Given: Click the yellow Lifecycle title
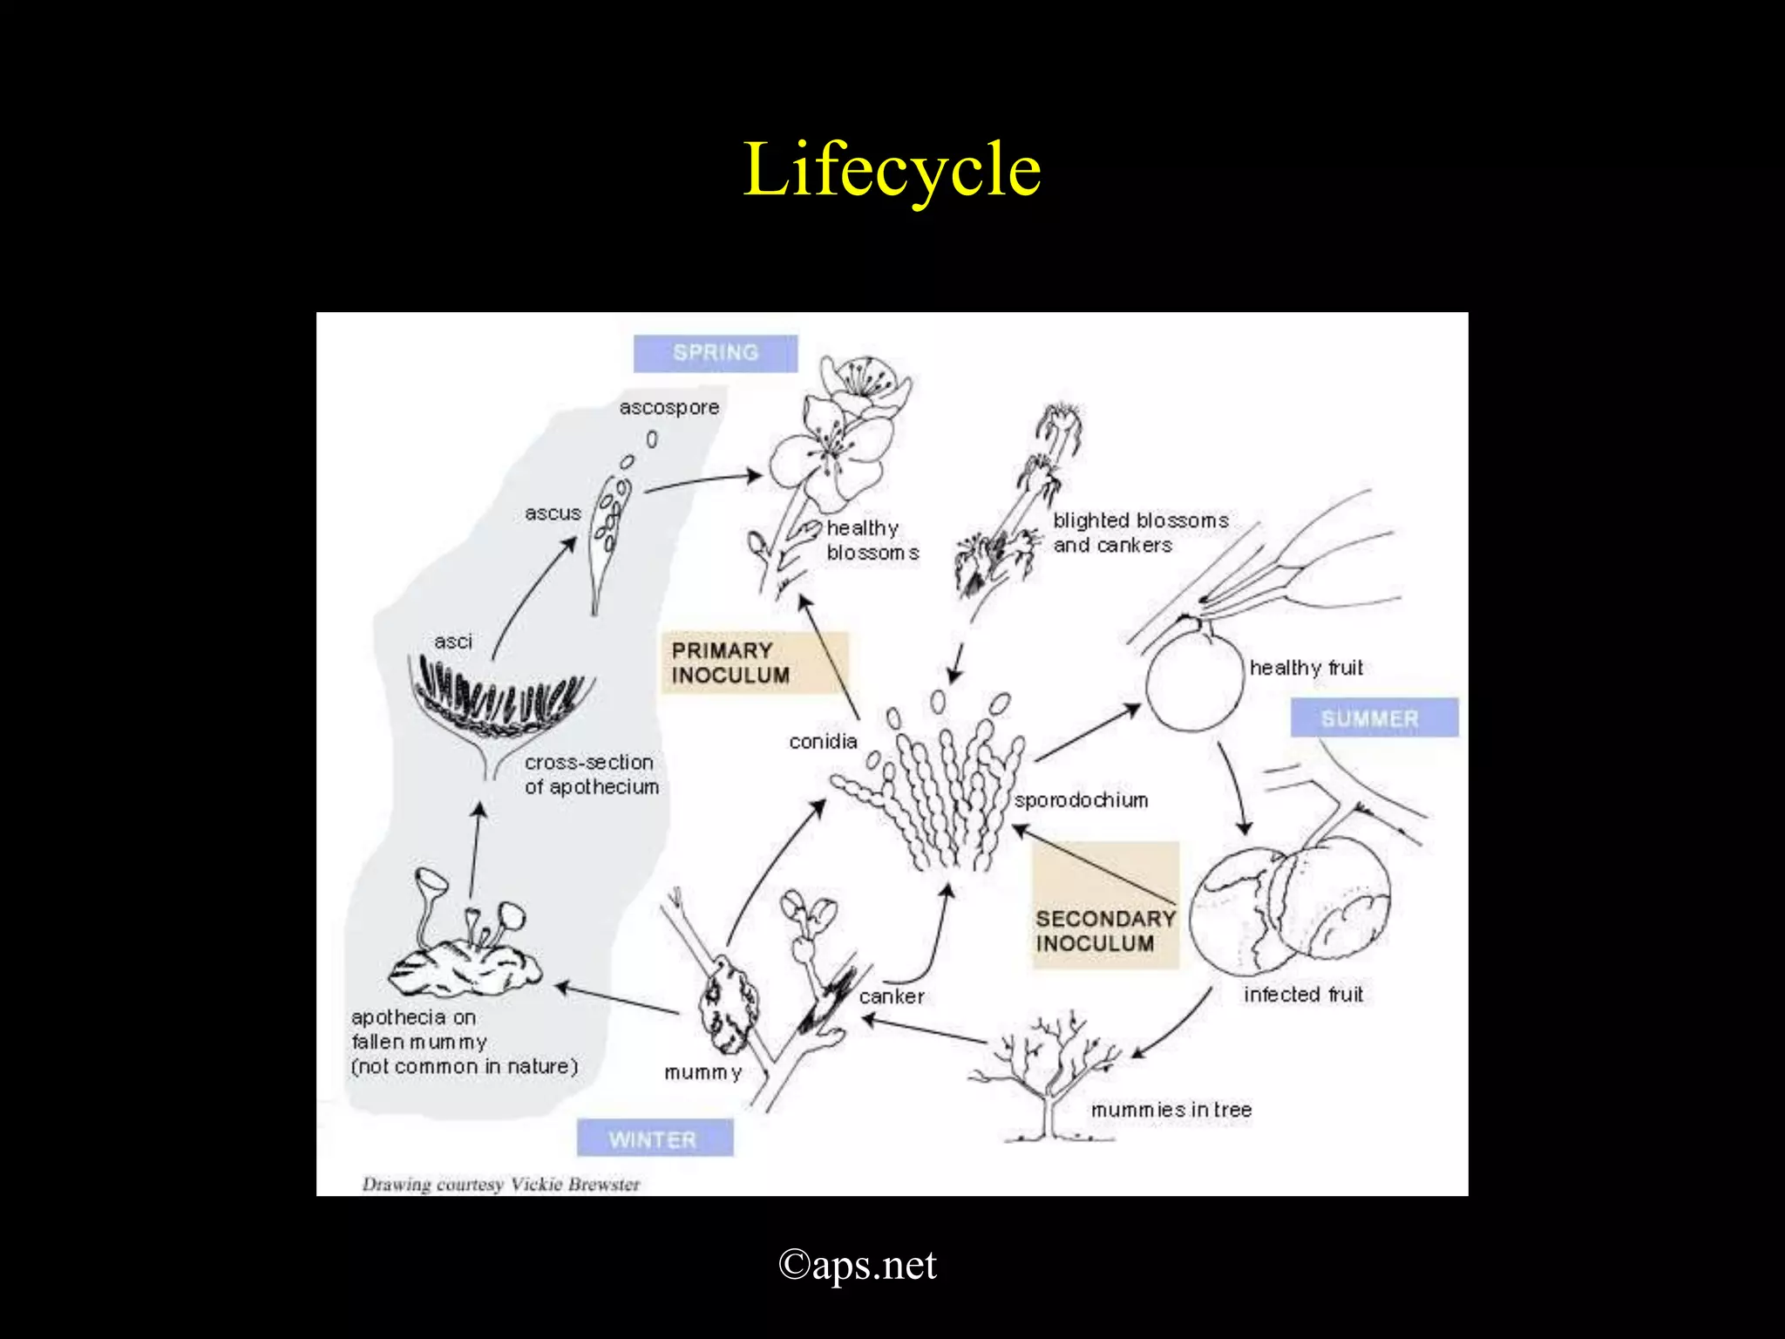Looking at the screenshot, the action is (892, 171).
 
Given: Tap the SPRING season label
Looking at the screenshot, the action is (716, 353).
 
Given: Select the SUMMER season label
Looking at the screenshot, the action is (1374, 718).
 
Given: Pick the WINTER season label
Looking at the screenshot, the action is (655, 1138).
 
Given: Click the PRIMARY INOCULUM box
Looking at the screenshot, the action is (754, 663).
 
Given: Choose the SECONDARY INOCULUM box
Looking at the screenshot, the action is (1106, 905).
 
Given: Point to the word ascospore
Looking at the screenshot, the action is (669, 407).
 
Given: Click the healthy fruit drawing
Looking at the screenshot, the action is (1194, 680).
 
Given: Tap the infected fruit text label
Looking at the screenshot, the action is (1303, 994).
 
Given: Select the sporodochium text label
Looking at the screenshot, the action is (1081, 800).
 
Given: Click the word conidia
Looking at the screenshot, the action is (823, 741).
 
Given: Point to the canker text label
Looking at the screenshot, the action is (892, 996).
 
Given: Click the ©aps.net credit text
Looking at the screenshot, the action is (858, 1265).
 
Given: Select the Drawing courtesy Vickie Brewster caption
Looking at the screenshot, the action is (501, 1184).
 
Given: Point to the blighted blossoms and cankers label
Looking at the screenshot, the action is (1141, 533).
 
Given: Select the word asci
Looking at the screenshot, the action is (453, 642).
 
